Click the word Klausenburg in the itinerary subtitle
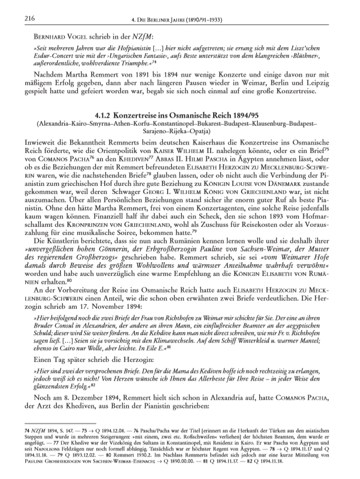pyautogui.click(x=270, y=124)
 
